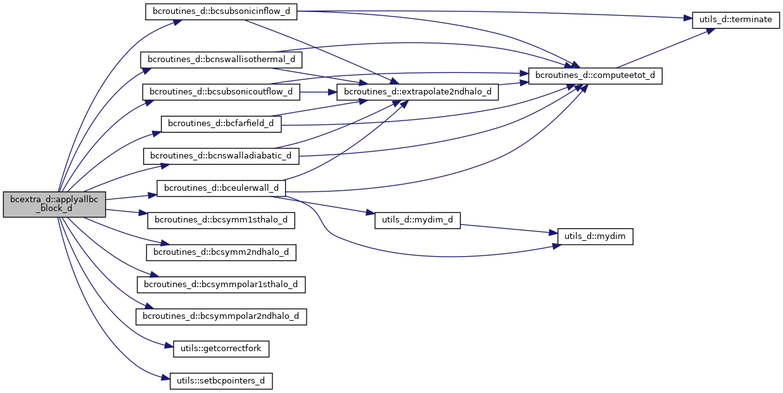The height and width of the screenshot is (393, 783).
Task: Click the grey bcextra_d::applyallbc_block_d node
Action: [x=54, y=204]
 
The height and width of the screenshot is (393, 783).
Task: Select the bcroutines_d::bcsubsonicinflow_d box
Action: [x=221, y=12]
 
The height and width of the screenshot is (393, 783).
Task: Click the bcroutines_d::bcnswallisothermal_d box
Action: [x=221, y=60]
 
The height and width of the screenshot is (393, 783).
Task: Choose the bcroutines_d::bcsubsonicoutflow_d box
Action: [x=221, y=92]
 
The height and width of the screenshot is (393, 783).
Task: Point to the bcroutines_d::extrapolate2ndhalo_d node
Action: [x=418, y=92]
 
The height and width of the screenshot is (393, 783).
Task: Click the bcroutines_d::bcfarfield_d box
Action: [x=221, y=124]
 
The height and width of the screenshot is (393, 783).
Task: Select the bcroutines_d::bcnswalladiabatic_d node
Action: [x=221, y=155]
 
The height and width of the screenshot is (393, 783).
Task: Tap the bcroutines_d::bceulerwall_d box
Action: [x=221, y=188]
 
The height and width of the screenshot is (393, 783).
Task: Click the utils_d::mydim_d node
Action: [x=417, y=220]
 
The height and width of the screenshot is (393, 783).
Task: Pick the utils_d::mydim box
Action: [x=595, y=236]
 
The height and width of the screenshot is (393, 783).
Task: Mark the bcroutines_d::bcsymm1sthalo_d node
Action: [x=221, y=220]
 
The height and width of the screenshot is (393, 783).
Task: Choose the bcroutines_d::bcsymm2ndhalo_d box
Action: [x=221, y=252]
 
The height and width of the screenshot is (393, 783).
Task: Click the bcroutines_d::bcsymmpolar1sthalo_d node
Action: [x=221, y=284]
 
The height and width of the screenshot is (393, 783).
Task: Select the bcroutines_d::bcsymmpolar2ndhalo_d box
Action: [x=221, y=316]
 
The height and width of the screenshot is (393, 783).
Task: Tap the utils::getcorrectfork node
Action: [x=221, y=348]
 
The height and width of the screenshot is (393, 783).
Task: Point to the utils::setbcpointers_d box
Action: [x=221, y=381]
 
